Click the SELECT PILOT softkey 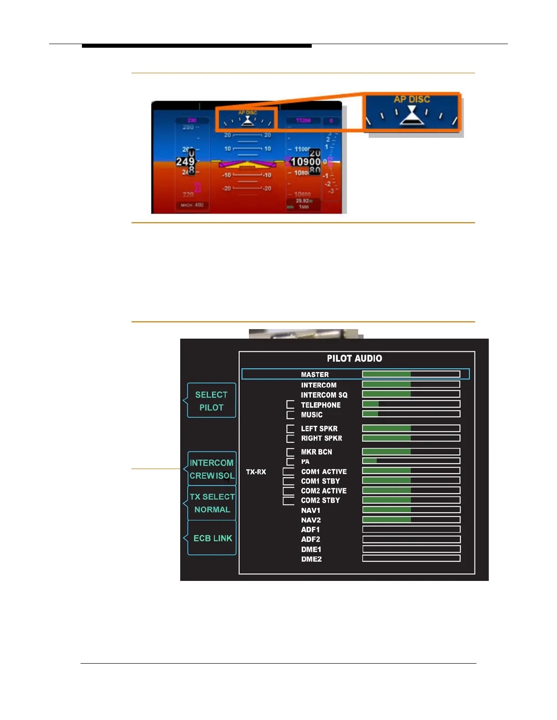[212, 400]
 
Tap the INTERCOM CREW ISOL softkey [212, 469]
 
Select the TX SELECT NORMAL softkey [212, 503]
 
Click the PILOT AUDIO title [354, 358]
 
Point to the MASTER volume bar [411, 374]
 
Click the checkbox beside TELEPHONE [290, 405]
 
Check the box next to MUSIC [290, 415]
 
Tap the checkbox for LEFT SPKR [290, 429]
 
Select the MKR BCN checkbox [290, 452]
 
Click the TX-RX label [256, 472]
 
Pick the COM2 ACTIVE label [324, 491]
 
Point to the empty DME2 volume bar [411, 559]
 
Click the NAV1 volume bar [411, 510]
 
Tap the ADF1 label [310, 530]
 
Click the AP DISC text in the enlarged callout [412, 100]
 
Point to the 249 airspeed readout [185, 161]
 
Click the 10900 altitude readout [305, 162]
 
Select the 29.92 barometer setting [302, 200]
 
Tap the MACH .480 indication [192, 205]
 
